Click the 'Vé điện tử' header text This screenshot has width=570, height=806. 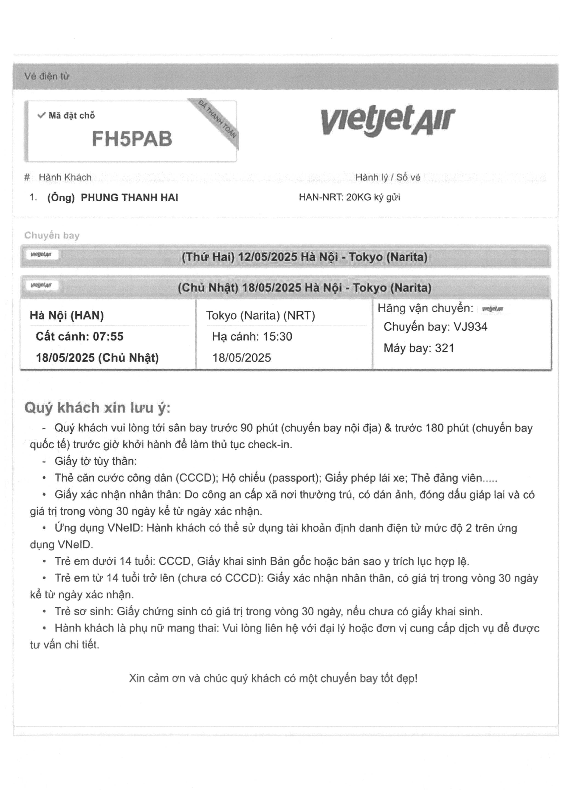click(x=47, y=76)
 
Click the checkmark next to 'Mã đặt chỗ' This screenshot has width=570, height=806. click(x=41, y=115)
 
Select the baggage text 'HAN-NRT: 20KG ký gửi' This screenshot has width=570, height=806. click(x=349, y=197)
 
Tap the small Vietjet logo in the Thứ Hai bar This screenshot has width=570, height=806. click(x=41, y=254)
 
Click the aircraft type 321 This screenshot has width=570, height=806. click(x=445, y=348)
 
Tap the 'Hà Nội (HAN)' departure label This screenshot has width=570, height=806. click(x=67, y=315)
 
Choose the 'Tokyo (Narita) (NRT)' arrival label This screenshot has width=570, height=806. click(x=260, y=315)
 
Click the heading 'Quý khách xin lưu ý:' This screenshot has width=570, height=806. click(x=97, y=408)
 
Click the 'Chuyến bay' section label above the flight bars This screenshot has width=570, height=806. click(x=52, y=235)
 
